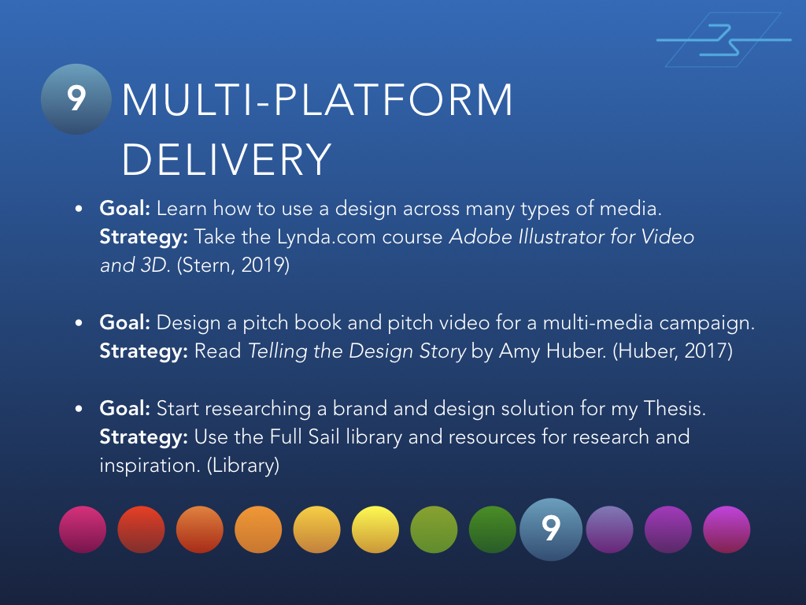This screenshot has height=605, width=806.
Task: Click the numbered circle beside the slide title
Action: click(x=76, y=98)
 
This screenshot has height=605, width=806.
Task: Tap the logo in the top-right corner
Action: click(x=724, y=39)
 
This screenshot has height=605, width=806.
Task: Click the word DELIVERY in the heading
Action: click(x=227, y=159)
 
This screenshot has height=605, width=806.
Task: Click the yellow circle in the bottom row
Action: click(x=375, y=529)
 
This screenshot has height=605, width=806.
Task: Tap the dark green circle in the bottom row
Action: click(x=493, y=529)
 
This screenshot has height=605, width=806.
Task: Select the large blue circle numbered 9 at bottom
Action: click(x=551, y=529)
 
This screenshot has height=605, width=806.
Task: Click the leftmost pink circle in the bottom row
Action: click(x=83, y=529)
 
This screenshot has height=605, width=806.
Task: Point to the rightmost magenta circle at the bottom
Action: click(x=727, y=529)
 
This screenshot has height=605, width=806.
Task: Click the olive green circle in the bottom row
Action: click(x=434, y=529)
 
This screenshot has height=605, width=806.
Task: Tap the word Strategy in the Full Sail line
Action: click(x=143, y=436)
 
